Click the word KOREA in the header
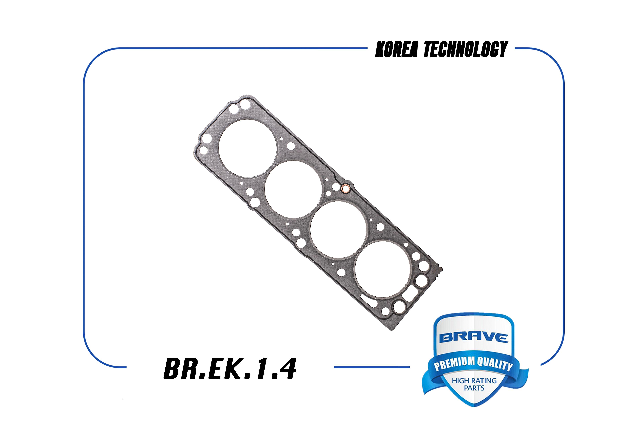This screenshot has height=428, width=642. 396,49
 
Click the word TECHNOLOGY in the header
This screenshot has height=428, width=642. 466,49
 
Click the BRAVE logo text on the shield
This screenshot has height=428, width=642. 474,338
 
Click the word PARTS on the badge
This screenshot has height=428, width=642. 474,388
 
